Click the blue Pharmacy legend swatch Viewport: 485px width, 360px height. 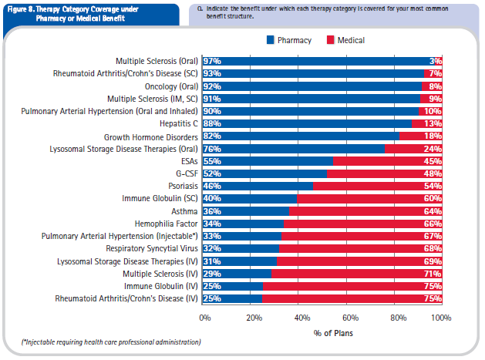(x=270, y=39)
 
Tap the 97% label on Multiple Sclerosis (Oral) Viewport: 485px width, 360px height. (x=212, y=61)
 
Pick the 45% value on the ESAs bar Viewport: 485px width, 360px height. (x=431, y=161)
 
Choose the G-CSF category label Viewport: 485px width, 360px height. (x=185, y=173)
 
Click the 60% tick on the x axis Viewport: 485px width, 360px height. (x=348, y=317)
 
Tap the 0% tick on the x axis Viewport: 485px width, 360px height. (x=205, y=317)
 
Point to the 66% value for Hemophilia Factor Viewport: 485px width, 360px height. (x=431, y=224)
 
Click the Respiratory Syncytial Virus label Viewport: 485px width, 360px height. (x=152, y=249)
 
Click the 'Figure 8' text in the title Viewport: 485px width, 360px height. (x=22, y=8)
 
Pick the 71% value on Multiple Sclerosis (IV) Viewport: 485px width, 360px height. (x=431, y=274)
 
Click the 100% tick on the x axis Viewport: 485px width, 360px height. (x=440, y=317)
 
